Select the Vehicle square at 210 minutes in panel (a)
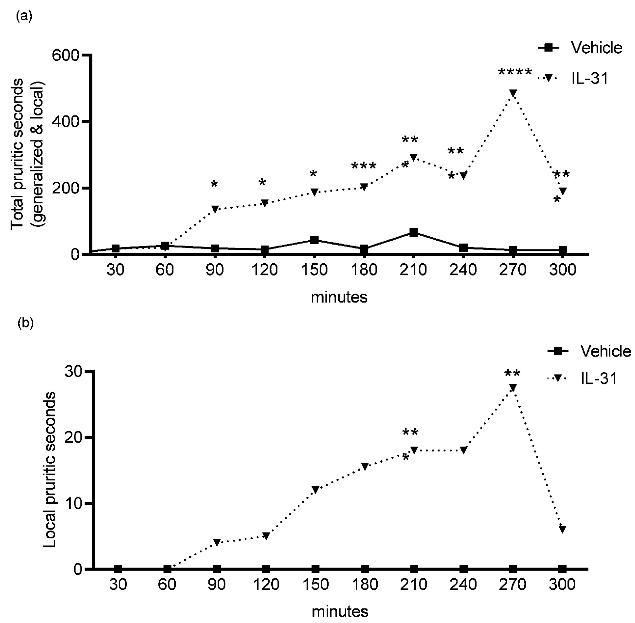pos(414,233)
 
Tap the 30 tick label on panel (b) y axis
pos(76,372)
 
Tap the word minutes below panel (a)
pos(339,297)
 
